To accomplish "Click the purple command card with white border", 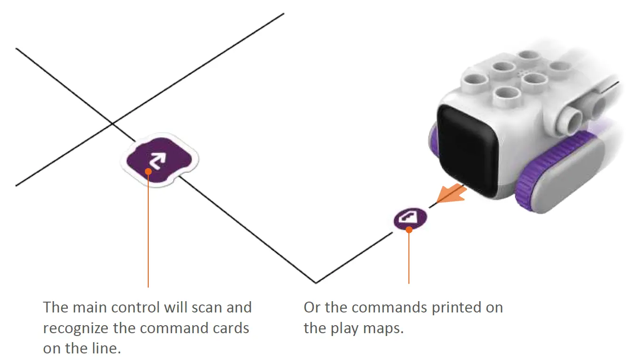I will (160, 160).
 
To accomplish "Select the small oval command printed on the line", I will (410, 218).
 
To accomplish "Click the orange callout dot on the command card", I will (148, 171).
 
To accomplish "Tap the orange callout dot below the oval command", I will (409, 230).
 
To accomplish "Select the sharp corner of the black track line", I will (316, 283).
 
